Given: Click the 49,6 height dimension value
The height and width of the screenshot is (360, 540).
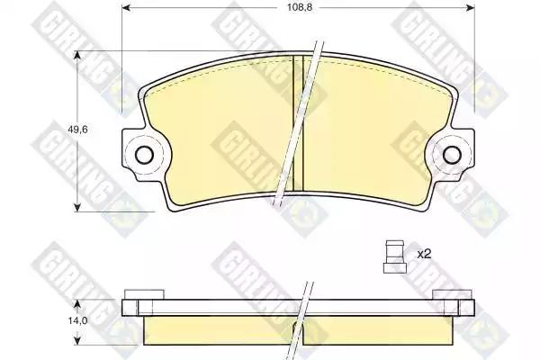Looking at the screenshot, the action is [x=77, y=130].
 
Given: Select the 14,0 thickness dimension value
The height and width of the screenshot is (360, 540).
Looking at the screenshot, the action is [x=78, y=320].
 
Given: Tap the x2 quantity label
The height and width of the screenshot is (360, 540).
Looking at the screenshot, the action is [x=424, y=255].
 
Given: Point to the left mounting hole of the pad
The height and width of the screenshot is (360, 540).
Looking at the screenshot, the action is [x=144, y=155].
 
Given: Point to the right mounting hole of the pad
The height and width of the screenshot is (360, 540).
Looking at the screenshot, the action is [x=452, y=155].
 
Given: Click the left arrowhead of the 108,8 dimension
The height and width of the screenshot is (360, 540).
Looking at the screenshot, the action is [x=126, y=7].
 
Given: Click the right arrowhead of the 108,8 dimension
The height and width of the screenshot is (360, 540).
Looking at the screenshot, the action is [x=471, y=7].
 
